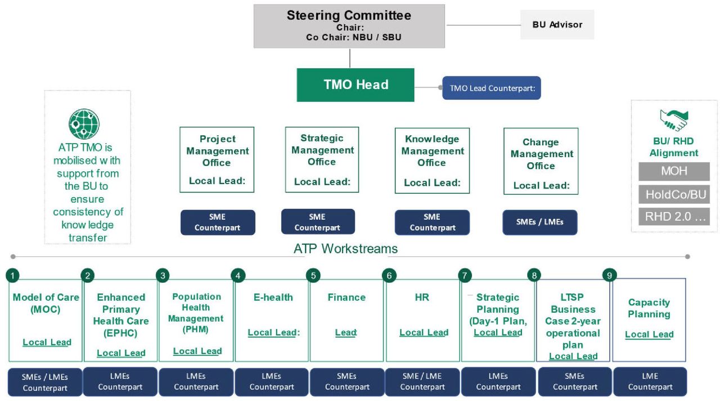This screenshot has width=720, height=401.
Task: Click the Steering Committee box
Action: tap(349, 26)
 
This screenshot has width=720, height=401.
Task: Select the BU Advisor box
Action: tap(557, 24)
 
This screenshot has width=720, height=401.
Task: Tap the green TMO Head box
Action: tap(355, 85)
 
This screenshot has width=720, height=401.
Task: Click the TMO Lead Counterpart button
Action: tap(492, 88)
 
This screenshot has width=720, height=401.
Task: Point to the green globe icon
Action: tap(84, 124)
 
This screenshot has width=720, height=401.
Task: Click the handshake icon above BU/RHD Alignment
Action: tap(674, 121)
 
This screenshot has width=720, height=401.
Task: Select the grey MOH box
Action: tap(674, 171)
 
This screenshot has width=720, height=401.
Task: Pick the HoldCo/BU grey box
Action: tap(674, 194)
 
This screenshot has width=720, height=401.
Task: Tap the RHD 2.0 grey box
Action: tap(674, 217)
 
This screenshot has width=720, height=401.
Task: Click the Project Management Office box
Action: tap(217, 159)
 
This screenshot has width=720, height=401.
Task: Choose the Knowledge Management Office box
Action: tap(433, 161)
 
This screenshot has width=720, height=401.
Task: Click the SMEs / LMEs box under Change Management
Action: tap(540, 222)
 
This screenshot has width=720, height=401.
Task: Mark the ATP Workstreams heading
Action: tap(345, 249)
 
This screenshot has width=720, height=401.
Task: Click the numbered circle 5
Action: tap(313, 275)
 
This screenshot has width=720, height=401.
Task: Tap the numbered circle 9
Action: tap(609, 275)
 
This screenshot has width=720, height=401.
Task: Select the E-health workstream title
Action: tap(273, 297)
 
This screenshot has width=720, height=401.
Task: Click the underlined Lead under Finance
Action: tap(346, 332)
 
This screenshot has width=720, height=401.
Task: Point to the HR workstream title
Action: tap(422, 297)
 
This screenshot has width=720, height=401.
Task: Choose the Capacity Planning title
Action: tap(649, 308)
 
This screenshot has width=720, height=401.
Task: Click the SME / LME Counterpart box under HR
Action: tap(422, 382)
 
